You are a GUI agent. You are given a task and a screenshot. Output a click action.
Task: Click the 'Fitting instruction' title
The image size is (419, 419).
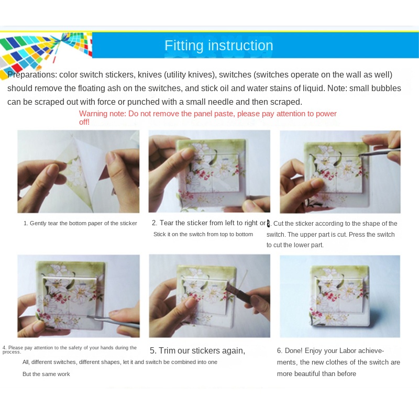[218, 46]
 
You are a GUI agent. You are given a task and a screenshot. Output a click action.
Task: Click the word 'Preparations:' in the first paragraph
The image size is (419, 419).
[32, 75]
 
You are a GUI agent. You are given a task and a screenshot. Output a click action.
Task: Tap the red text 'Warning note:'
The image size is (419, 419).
[103, 114]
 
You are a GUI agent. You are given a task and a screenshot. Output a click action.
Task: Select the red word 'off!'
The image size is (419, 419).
[84, 122]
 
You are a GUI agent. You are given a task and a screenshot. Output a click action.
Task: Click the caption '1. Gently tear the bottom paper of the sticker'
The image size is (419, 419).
[80, 223]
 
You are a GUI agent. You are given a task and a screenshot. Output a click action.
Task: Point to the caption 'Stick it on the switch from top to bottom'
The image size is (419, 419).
[203, 234]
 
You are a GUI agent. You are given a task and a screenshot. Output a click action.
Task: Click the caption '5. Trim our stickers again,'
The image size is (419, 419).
[197, 350]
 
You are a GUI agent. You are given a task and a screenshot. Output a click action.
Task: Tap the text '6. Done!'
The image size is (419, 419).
[290, 350]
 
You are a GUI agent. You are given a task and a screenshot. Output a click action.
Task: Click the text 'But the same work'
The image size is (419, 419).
[46, 374]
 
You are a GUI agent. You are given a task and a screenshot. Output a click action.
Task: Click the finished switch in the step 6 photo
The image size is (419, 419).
[339, 296]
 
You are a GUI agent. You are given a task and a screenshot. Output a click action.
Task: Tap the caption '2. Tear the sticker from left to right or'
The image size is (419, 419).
[208, 223]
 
